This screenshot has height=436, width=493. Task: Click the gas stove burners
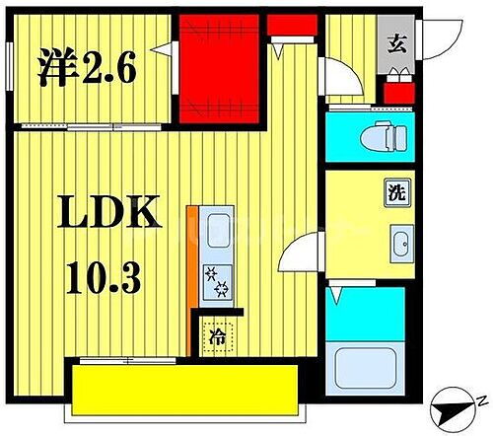pos(214,284)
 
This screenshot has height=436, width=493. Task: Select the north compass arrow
pos(455,406)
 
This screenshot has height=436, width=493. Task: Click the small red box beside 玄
pos(397,95)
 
